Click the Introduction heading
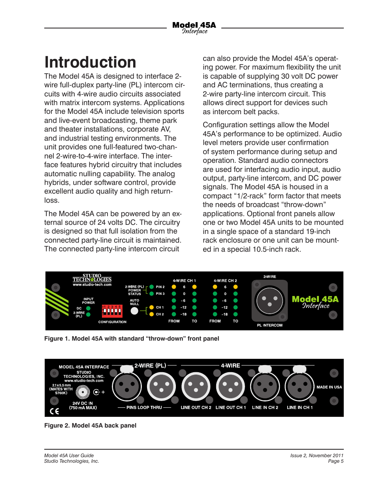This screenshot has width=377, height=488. (90, 62)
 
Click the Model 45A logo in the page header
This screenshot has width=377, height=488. (194, 28)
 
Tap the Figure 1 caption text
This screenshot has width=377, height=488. (132, 339)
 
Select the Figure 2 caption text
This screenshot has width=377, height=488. (90, 426)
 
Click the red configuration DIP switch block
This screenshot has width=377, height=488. (112, 311)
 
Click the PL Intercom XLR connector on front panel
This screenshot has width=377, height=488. (270, 301)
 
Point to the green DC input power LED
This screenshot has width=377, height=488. (88, 308)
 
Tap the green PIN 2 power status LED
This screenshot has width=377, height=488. (151, 287)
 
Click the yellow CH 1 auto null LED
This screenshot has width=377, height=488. (151, 307)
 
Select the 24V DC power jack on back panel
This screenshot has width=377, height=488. (83, 392)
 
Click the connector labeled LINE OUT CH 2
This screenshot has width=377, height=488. (196, 386)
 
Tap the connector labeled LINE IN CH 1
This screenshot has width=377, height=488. (300, 386)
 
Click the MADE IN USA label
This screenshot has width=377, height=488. (329, 387)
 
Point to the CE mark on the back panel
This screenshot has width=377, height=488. (55, 411)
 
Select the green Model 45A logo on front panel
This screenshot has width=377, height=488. (315, 302)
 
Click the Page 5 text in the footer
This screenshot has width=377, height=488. (336, 461)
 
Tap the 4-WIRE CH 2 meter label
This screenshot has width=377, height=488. (225, 281)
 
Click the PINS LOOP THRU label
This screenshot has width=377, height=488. (144, 407)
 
